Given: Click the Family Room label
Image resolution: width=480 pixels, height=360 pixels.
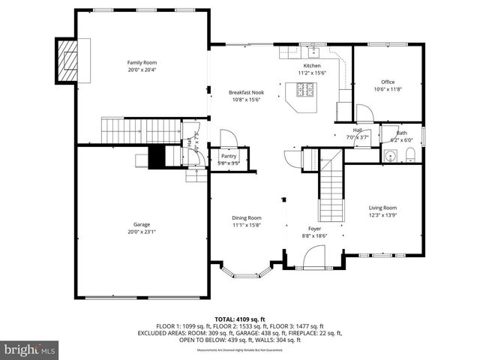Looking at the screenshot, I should pyautogui.click(x=141, y=62).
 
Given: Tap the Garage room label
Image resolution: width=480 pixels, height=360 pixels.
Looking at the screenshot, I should pyautogui.click(x=141, y=224).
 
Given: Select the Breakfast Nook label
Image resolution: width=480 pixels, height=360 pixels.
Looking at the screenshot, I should pyautogui.click(x=246, y=92).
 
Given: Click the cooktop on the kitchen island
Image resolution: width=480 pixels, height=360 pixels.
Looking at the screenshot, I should pyautogui.click(x=305, y=90).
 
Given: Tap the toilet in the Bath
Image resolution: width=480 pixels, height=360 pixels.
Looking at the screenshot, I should pyautogui.click(x=410, y=155).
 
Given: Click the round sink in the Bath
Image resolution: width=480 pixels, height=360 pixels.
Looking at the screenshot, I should pyautogui.click(x=389, y=157).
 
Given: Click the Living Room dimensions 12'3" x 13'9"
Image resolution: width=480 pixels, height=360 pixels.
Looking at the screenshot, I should pyautogui.click(x=382, y=215).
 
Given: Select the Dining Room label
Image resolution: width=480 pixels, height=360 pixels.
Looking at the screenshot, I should pyautogui.click(x=246, y=217).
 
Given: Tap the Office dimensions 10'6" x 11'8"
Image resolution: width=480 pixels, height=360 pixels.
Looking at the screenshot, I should pyautogui.click(x=388, y=89).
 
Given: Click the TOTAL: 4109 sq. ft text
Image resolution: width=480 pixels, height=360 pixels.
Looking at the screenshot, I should pyautogui.click(x=239, y=319).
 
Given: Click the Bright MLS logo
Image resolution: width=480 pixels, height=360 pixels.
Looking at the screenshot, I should pyautogui.click(x=30, y=349).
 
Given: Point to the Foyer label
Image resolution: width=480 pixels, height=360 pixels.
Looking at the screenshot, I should pyautogui.click(x=315, y=228).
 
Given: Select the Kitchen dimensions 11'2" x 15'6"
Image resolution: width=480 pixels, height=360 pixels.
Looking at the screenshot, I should pyautogui.click(x=311, y=72).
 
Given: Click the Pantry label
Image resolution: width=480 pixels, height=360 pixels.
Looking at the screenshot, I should pyautogui.click(x=228, y=156).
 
